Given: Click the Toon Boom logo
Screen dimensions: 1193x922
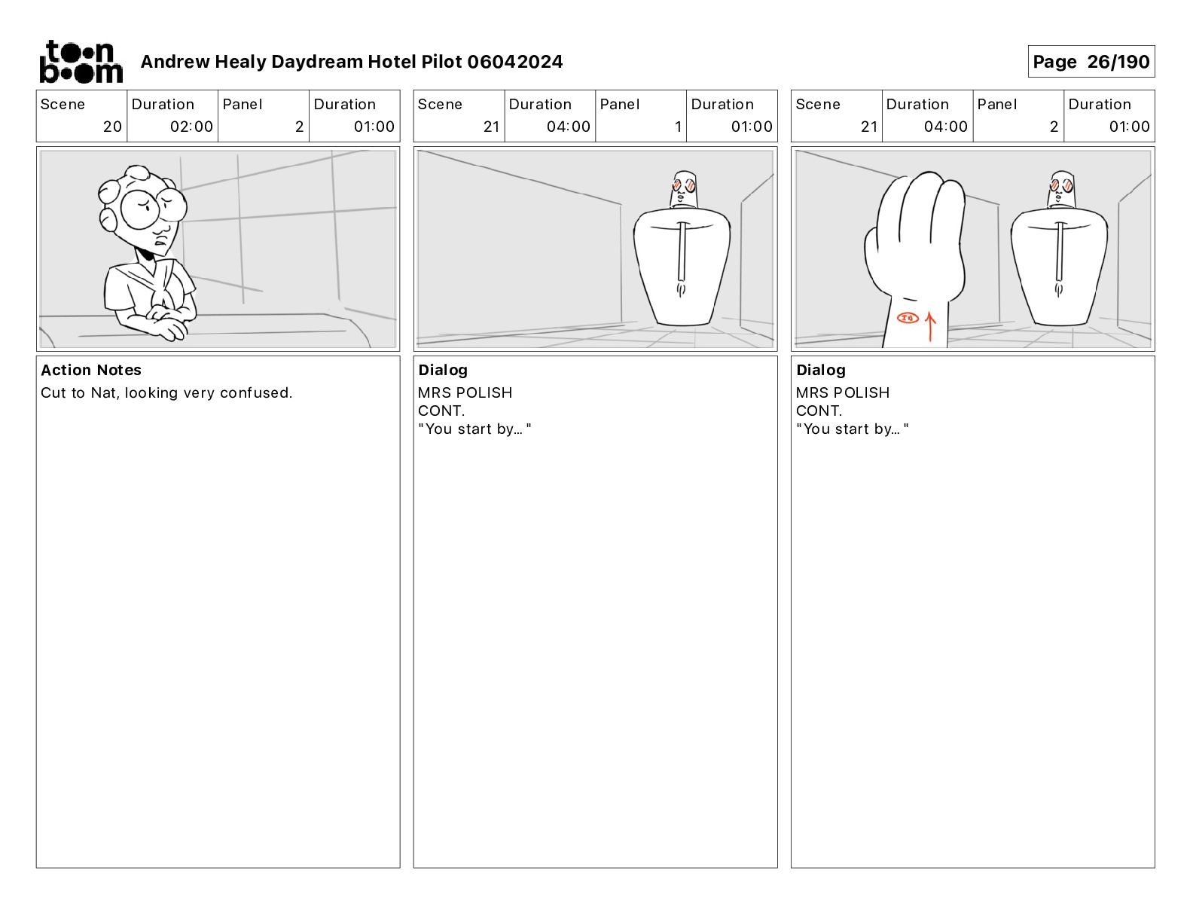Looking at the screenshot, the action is point(81,62).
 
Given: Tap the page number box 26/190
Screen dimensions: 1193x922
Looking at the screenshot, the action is point(1091,62).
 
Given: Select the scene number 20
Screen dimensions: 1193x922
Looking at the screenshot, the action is point(112,127).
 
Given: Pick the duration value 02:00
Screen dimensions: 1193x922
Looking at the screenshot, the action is point(191,127).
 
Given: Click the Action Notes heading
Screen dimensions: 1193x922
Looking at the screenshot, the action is point(91,370).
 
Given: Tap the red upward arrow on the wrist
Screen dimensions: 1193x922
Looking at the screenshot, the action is point(930,327).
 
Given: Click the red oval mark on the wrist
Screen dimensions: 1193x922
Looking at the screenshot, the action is point(908,318).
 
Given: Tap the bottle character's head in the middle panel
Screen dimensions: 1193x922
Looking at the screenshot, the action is point(684,190).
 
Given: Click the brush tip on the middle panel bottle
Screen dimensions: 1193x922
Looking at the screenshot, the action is point(682,289).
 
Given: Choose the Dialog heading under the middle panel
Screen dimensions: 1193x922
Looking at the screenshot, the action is point(443,370).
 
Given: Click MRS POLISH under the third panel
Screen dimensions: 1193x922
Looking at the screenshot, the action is point(843,392).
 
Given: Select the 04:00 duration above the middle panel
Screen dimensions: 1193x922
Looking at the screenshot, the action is point(568,127).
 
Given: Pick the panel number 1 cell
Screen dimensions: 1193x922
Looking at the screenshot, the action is point(641,116).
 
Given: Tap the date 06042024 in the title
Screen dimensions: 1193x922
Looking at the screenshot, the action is point(515,62).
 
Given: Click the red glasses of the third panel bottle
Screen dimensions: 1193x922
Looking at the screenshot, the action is point(1061,185).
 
